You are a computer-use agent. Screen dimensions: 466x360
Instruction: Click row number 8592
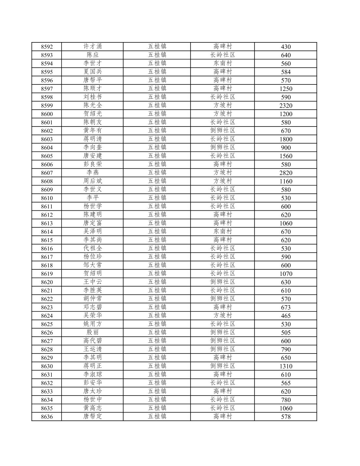(47, 47)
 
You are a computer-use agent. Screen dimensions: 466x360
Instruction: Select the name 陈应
(93, 55)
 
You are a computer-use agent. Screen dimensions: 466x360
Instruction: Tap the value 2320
(286, 105)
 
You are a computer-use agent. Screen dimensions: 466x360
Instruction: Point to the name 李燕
(93, 173)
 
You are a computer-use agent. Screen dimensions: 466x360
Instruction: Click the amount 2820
(286, 173)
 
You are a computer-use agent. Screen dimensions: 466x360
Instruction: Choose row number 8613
(47, 223)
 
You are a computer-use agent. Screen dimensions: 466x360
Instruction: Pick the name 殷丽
(93, 332)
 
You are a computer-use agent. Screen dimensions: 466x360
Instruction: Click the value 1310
(286, 366)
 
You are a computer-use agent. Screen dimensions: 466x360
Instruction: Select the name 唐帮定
(93, 416)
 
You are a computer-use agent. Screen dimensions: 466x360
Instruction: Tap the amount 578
(286, 417)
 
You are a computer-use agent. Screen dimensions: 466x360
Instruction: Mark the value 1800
(286, 139)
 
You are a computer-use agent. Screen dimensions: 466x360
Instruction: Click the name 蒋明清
(93, 139)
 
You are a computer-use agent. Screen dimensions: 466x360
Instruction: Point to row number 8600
(47, 114)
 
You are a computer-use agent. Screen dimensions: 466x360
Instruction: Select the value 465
(286, 316)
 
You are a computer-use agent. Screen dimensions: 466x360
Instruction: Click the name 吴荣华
(93, 315)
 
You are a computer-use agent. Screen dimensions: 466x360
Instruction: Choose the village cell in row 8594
(223, 63)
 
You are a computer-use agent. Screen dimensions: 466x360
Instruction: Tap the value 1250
(286, 89)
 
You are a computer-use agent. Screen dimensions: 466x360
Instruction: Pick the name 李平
(93, 198)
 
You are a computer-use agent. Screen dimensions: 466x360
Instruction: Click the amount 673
(286, 307)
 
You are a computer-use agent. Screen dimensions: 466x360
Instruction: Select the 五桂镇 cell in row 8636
(157, 416)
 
